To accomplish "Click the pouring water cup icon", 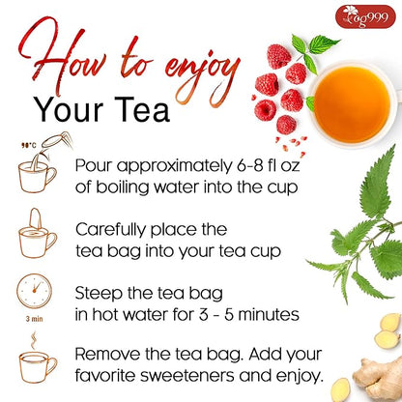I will click(x=38, y=171).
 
